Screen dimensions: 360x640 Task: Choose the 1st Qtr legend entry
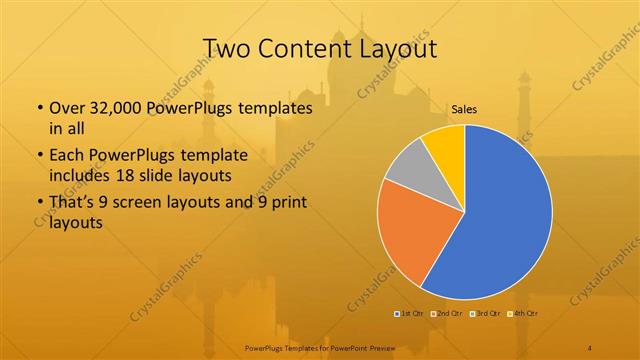tap(409, 314)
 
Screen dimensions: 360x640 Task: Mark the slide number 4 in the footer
tap(590, 347)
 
